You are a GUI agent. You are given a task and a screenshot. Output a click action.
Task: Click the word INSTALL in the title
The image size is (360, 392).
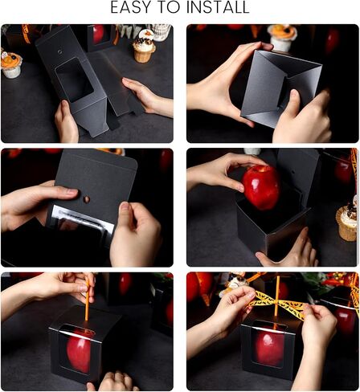(x=218, y=7)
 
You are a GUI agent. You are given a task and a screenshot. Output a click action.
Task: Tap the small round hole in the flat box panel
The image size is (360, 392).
(x=60, y=51)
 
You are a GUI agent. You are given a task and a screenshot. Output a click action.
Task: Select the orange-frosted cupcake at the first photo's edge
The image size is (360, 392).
(x=10, y=64)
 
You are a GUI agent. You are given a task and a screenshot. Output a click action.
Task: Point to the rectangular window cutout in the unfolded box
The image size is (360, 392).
(x=74, y=80)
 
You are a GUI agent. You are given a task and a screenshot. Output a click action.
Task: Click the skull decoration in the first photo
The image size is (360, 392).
(x=162, y=32)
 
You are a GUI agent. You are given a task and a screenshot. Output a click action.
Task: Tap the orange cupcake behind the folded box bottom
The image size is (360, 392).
(x=282, y=38)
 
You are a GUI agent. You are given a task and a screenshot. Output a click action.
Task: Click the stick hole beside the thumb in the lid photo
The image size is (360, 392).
(x=86, y=199)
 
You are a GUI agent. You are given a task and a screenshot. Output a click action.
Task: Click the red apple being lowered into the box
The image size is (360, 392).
(x=261, y=187)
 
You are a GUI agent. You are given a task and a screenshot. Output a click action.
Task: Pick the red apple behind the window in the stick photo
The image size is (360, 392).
(x=80, y=352)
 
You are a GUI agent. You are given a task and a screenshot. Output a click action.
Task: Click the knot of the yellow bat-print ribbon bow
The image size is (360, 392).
(x=276, y=303)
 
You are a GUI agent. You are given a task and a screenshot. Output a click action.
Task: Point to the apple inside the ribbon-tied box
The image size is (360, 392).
(x=269, y=349)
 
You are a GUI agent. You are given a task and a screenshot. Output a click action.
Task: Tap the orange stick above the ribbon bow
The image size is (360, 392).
(x=277, y=288)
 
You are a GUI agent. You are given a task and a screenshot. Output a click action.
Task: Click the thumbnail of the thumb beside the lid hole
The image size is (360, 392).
(x=72, y=192)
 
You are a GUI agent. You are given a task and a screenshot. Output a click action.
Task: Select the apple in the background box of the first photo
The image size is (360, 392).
(x=98, y=34)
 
